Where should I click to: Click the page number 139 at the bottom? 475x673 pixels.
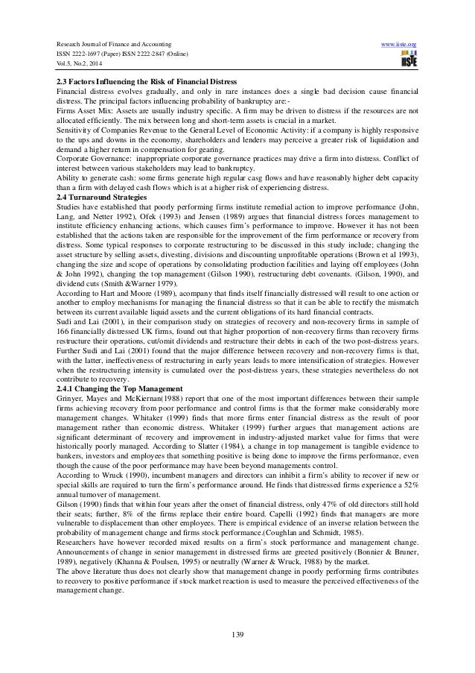point(237,633)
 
